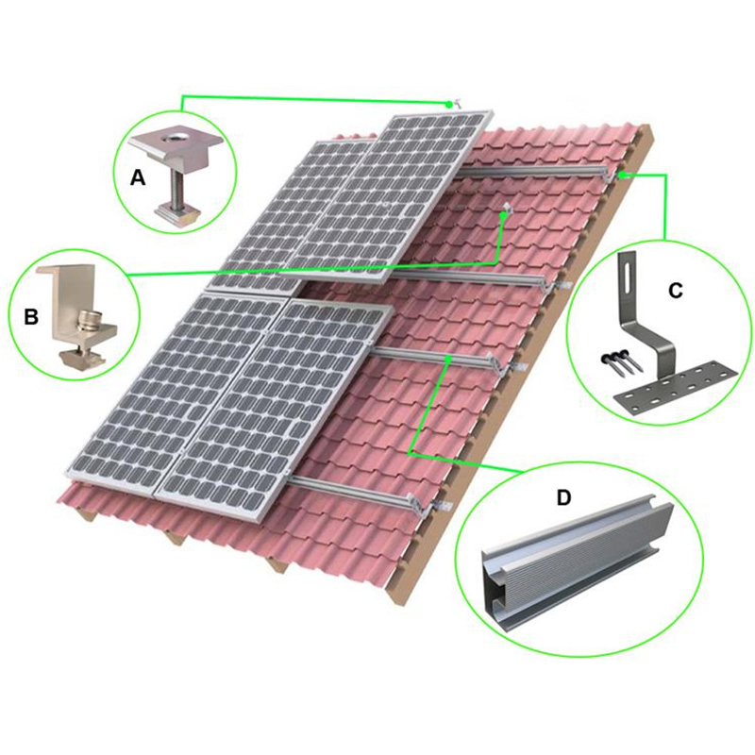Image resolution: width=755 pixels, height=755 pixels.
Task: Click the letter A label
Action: click(x=138, y=176)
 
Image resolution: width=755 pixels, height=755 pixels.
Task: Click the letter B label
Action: click(x=30, y=316)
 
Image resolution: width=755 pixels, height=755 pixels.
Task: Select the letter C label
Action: click(x=675, y=290)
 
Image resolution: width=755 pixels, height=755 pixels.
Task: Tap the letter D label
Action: click(x=562, y=497)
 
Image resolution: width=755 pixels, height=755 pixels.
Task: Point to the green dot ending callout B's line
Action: click(x=504, y=215)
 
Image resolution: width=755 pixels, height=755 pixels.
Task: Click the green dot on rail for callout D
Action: click(x=445, y=359)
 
